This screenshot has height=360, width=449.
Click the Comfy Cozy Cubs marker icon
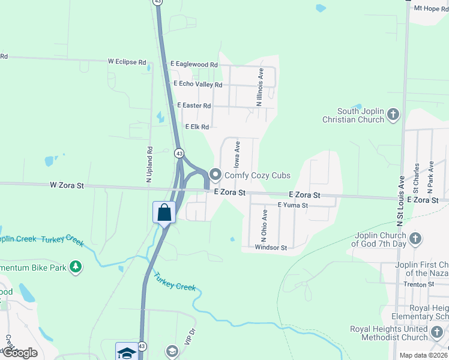point(215,176)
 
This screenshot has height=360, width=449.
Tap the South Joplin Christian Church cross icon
point(394,114)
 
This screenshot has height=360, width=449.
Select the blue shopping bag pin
point(164,212)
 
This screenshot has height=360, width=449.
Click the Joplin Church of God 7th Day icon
point(415,239)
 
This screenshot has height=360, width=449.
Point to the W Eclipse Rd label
point(127,62)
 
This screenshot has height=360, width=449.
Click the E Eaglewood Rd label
point(193,64)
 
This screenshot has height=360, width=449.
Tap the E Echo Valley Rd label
point(197,85)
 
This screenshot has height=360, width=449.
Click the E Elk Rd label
point(197,127)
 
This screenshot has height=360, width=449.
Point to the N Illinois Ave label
point(261,87)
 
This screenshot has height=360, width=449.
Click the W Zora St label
point(67,186)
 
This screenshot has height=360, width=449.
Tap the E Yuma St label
point(292,205)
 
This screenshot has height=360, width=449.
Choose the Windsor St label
point(271,247)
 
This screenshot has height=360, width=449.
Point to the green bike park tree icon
point(76,266)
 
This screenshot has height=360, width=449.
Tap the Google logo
point(19,353)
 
